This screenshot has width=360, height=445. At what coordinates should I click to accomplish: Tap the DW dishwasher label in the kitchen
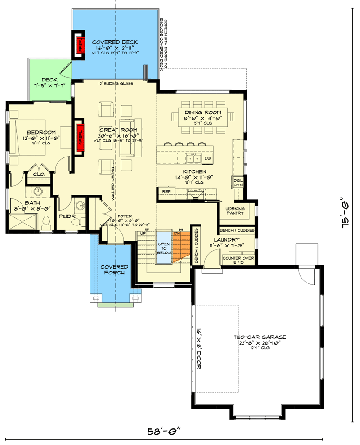point(207,159)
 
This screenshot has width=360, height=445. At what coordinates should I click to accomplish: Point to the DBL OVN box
point(238,182)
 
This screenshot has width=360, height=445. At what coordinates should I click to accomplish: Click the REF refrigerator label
point(166,192)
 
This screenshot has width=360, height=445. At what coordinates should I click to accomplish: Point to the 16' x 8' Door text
point(198,348)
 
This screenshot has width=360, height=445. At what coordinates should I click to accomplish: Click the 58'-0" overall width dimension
point(164,430)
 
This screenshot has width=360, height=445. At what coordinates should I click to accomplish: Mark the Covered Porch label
point(114,270)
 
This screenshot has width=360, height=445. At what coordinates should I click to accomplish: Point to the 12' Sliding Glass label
point(115,84)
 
